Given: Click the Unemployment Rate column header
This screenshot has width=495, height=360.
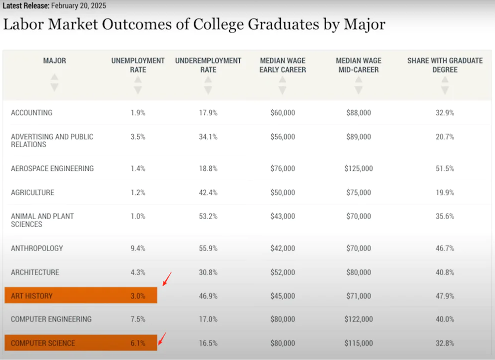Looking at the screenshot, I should (x=138, y=65).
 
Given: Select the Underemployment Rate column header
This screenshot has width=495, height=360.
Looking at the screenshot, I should (x=208, y=65).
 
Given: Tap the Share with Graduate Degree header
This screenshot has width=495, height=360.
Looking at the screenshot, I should (x=445, y=65).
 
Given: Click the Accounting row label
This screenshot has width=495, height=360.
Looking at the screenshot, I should (x=31, y=113).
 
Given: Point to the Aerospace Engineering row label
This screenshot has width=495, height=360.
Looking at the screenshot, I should (x=52, y=169).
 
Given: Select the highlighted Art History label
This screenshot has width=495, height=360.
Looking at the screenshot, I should (x=32, y=296).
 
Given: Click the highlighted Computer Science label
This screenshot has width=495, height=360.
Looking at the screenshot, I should (x=43, y=344).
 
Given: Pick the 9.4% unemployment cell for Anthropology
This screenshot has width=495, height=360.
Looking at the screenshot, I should (x=138, y=249).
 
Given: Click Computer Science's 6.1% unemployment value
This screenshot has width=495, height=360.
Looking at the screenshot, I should (x=138, y=344).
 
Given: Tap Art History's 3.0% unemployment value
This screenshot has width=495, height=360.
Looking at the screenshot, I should (x=138, y=296).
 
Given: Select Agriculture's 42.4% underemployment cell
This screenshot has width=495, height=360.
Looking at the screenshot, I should (x=208, y=193).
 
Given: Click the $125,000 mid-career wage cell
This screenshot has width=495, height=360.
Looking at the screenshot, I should (x=359, y=169).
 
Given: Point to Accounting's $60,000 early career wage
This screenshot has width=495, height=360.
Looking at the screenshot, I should (x=283, y=113).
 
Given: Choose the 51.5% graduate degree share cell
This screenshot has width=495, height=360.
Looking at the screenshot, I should (x=445, y=169).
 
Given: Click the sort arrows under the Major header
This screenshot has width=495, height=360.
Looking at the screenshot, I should (x=54, y=82).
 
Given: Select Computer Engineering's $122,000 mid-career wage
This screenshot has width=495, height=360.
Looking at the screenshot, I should (x=359, y=320).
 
